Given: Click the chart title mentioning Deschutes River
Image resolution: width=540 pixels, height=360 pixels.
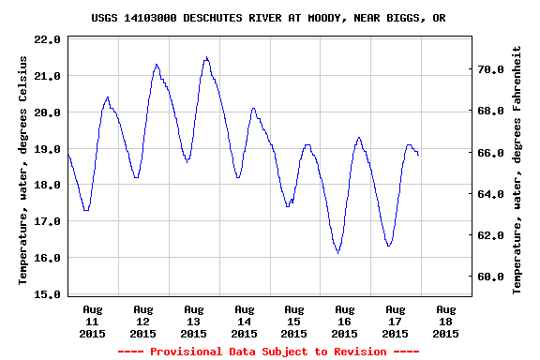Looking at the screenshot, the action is [x=268, y=18].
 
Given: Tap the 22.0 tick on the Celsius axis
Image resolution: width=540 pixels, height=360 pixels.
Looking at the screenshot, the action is [x=47, y=39].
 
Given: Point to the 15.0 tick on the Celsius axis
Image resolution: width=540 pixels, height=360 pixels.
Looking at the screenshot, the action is [x=47, y=294].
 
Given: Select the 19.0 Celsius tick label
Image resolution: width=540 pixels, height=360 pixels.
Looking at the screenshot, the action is [x=47, y=149].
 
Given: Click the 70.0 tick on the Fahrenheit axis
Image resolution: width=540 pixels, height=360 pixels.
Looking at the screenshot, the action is [x=490, y=69].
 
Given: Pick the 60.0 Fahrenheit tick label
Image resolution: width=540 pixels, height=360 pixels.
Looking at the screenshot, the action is [x=490, y=277].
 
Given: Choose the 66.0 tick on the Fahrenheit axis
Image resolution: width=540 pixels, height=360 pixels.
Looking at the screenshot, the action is [x=490, y=153].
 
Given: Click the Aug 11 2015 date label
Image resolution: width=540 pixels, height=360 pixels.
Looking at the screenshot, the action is [x=92, y=322].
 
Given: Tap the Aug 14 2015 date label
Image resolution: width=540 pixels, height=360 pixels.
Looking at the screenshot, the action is [x=244, y=322].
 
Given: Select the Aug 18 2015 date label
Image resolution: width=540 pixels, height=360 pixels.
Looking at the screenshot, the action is [x=445, y=322].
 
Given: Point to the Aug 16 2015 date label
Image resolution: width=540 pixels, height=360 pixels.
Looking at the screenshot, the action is [x=344, y=322].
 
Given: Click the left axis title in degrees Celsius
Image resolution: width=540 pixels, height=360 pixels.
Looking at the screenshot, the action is [x=22, y=171].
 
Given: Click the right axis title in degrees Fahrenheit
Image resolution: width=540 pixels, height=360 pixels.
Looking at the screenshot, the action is [x=517, y=171].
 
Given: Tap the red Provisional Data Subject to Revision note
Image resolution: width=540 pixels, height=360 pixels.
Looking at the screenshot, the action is [x=268, y=352].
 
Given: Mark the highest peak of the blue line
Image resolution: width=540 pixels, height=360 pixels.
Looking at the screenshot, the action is [x=206, y=57].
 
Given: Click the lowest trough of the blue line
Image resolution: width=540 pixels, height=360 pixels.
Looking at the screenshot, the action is [x=337, y=253].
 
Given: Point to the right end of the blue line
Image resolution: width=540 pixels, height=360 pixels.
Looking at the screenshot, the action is [x=418, y=155].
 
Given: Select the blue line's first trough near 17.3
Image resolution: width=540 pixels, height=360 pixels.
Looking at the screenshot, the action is [x=86, y=210].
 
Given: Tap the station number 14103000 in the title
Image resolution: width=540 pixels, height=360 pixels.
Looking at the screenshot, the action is [x=150, y=18].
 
